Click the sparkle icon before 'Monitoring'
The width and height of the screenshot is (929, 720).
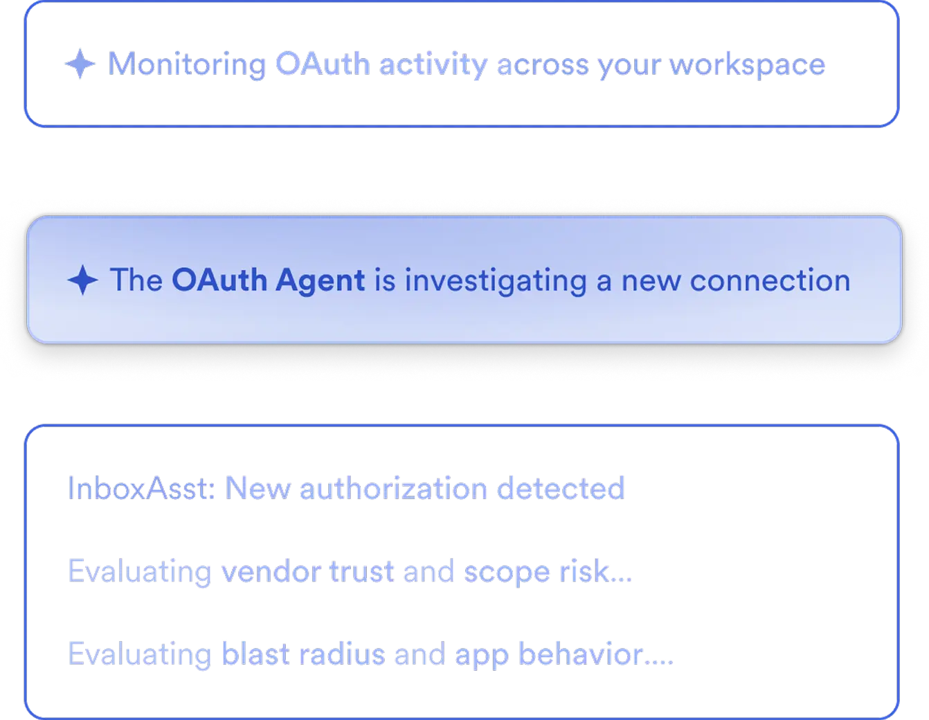pyautogui.click(x=80, y=64)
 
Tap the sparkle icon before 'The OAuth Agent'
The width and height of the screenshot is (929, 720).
pyautogui.click(x=83, y=280)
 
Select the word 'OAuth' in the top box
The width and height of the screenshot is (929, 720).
pyautogui.click(x=323, y=65)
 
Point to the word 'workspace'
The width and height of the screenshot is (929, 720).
pyautogui.click(x=747, y=65)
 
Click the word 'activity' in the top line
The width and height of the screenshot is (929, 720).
pyautogui.click(x=434, y=65)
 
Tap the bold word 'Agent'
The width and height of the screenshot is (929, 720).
pyautogui.click(x=320, y=280)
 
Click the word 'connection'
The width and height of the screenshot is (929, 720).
pyautogui.click(x=770, y=280)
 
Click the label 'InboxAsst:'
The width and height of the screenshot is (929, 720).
pyautogui.click(x=143, y=488)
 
